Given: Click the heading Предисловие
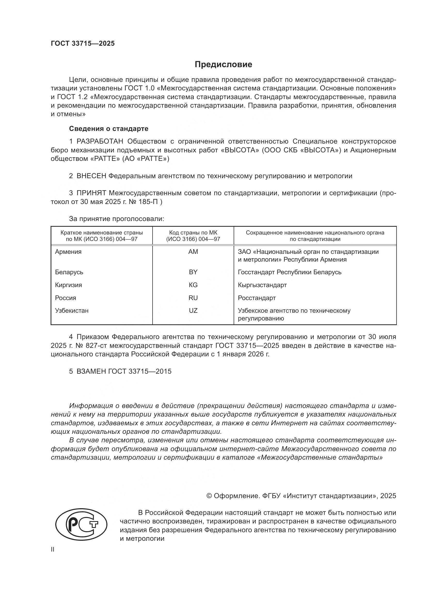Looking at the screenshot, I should (223, 65).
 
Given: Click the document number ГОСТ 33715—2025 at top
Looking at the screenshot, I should (83, 44).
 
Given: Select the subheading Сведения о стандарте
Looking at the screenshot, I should (109, 129).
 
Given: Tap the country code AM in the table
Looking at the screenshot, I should (193, 252).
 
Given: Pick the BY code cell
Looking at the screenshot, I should (193, 272).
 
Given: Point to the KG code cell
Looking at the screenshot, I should (193, 285).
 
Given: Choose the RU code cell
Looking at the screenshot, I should (193, 298).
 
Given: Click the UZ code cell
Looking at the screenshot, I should (193, 310).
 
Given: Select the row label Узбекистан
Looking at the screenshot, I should (72, 311).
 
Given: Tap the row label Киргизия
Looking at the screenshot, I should (68, 285).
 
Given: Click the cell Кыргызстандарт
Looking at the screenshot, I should (262, 285).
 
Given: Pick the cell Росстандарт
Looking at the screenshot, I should (257, 298).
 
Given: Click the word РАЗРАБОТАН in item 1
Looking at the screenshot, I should (100, 142).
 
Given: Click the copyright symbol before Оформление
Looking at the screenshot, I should (209, 496).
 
